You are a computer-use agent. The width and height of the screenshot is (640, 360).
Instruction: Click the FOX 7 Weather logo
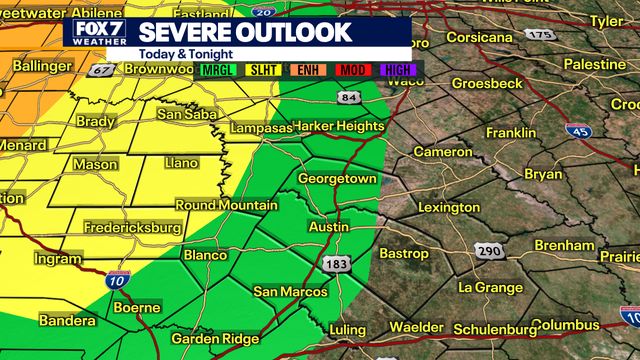click(92, 34)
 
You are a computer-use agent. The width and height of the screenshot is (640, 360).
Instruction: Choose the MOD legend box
click(353, 70)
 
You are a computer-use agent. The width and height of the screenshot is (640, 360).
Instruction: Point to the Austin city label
click(329, 227)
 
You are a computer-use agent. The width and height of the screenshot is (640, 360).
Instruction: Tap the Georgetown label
click(340, 178)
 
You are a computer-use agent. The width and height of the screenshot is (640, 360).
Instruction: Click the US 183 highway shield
click(337, 263)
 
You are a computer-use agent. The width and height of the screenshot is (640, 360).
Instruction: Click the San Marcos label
click(290, 291)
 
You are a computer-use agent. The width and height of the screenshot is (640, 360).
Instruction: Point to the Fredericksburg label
click(134, 228)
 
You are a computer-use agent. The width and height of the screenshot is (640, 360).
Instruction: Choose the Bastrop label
click(405, 254)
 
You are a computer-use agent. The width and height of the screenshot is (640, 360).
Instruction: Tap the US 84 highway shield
click(348, 97)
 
